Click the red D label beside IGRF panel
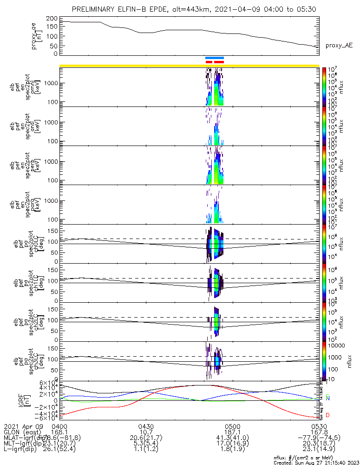coord(327,415)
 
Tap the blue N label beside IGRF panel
coord(327,399)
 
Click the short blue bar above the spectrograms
coord(215,58)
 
